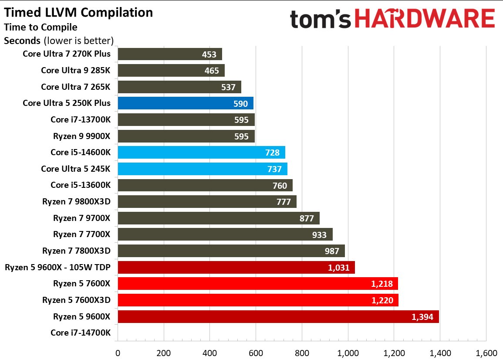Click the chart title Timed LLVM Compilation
[79, 13]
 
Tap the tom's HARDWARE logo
[392, 20]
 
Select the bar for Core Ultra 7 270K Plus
[169, 54]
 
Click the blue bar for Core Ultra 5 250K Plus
[185, 103]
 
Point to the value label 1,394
[422, 317]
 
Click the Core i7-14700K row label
[81, 333]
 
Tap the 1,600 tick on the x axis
[486, 353]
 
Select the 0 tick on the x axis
[117, 353]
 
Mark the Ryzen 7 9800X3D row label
[76, 202]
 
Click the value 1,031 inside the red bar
[338, 268]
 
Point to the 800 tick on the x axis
[301, 353]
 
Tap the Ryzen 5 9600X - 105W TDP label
[57, 267]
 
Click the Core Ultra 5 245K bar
[202, 169]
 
